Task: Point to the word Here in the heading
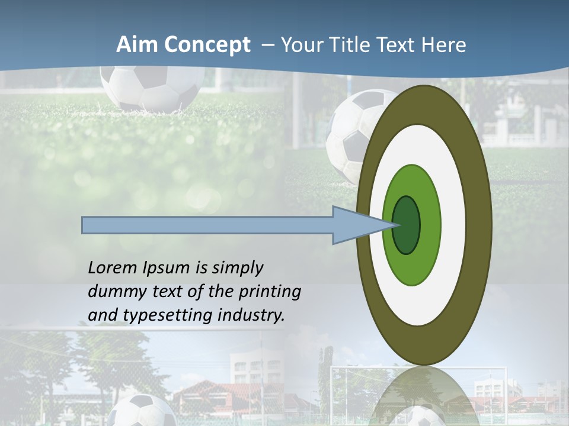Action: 444,45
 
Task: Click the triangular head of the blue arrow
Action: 350,225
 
